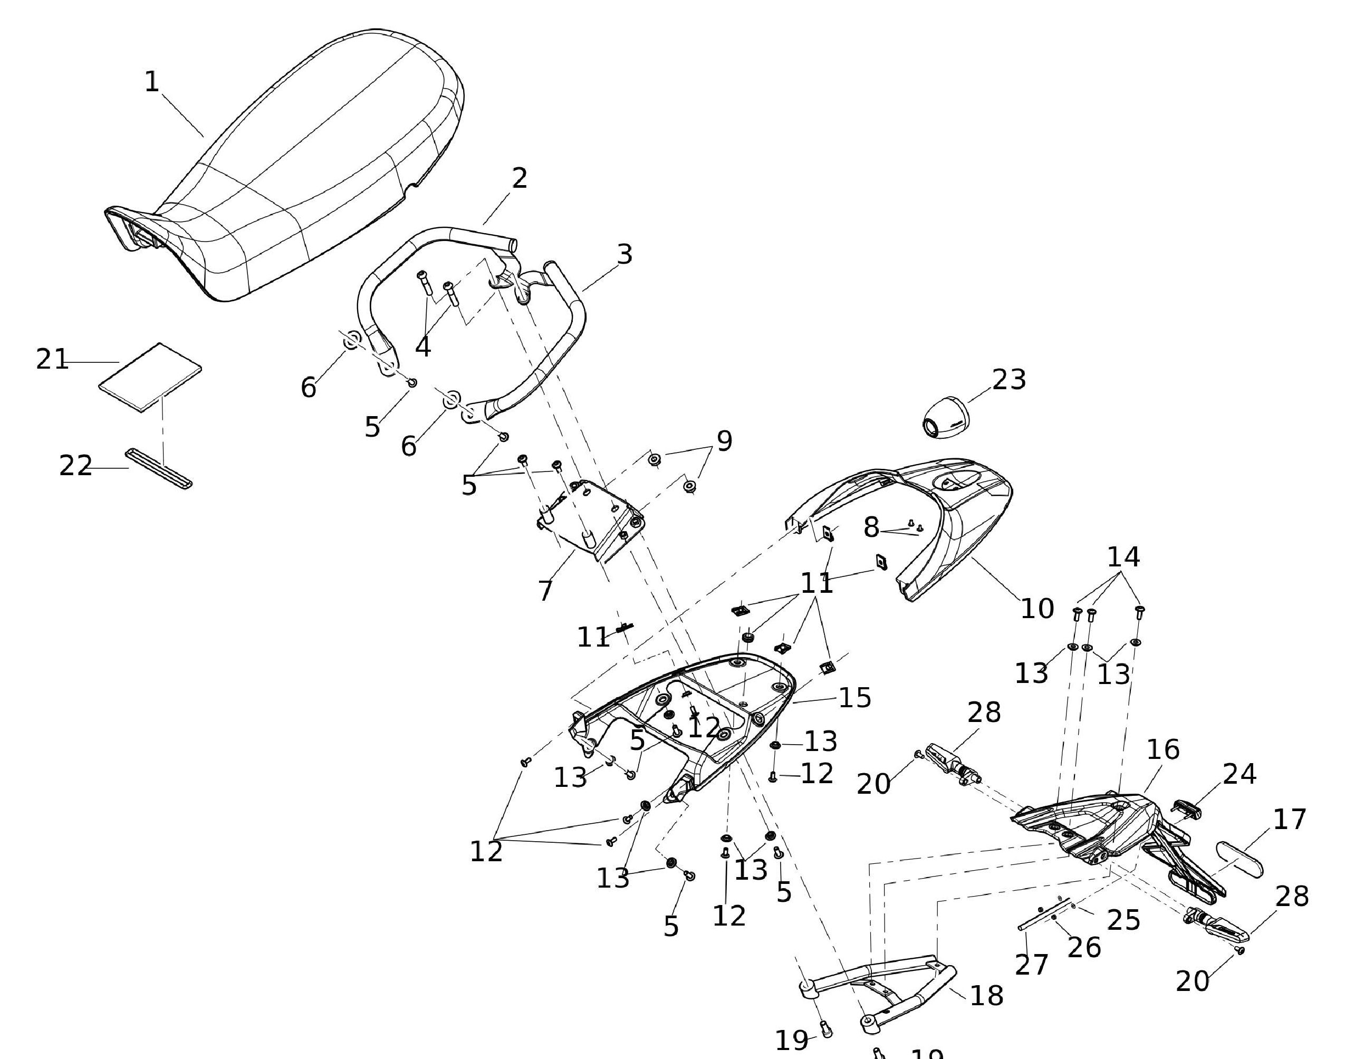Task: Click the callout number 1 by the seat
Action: click(152, 82)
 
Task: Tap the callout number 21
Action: click(52, 360)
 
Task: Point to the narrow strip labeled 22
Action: click(159, 468)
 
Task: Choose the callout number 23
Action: click(1008, 380)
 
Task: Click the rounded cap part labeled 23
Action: click(945, 417)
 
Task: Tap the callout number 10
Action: click(1037, 608)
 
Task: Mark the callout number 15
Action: click(854, 697)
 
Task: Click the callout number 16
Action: click(1163, 749)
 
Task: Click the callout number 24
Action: click(1239, 774)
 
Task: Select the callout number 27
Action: click(1031, 965)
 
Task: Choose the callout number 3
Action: click(625, 254)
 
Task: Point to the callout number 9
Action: click(724, 441)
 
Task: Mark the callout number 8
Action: click(871, 527)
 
